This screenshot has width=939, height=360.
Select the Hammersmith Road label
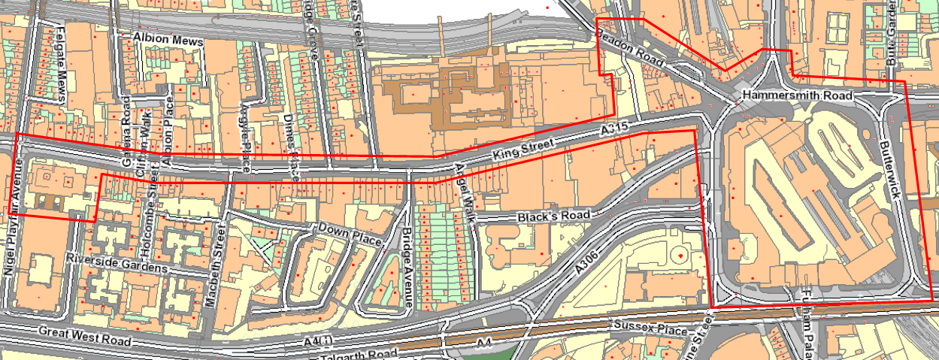coord(796,96)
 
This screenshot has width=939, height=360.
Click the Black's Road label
coord(554,216)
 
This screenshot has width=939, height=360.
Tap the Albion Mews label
coord(169,37)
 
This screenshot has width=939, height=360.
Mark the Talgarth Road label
coord(356,353)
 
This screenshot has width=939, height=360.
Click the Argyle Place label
coord(244,135)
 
